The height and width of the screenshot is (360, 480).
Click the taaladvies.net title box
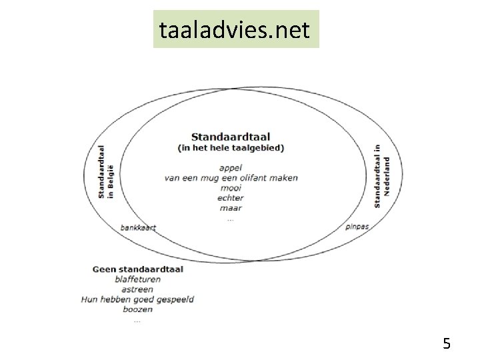236,29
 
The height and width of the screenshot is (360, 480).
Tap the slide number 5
447,344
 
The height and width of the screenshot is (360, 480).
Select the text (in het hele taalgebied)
231,148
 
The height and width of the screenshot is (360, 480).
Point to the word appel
230,168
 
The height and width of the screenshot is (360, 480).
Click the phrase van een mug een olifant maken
231,178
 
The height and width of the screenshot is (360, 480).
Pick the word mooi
231,188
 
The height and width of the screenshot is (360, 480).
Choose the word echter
231,198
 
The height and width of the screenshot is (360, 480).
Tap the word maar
231,208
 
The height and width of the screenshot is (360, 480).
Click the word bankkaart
138,227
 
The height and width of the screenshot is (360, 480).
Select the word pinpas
357,227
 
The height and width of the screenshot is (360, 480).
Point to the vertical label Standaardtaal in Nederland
381,175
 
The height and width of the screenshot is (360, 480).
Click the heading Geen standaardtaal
138,269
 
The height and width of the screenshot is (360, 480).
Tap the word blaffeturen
138,279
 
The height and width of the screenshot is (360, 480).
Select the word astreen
138,289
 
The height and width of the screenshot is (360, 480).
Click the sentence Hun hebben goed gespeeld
138,299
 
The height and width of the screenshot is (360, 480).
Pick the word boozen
138,309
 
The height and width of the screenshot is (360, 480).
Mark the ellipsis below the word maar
231,218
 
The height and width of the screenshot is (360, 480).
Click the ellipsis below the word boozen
137,319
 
